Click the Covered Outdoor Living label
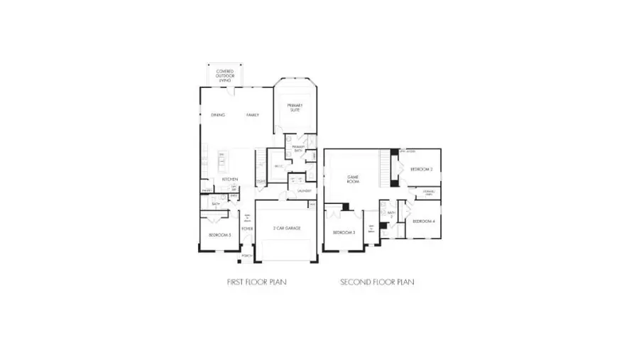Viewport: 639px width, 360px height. pyautogui.click(x=225, y=76)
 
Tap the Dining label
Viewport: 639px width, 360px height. pyautogui.click(x=218, y=115)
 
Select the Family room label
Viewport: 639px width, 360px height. pyautogui.click(x=253, y=115)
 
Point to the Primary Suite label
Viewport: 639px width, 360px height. pyautogui.click(x=295, y=108)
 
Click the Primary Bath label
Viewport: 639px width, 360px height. pyautogui.click(x=298, y=148)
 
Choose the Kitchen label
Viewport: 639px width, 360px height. pyautogui.click(x=229, y=179)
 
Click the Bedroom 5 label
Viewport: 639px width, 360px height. pyautogui.click(x=219, y=234)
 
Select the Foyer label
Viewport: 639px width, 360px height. pyautogui.click(x=247, y=229)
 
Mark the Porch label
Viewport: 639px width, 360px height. pyautogui.click(x=247, y=256)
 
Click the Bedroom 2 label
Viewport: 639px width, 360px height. pyautogui.click(x=422, y=169)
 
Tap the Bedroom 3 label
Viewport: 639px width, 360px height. pyautogui.click(x=344, y=232)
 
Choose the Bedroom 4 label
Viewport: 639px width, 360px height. pyautogui.click(x=423, y=222)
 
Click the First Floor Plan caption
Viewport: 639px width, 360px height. pyautogui.click(x=256, y=282)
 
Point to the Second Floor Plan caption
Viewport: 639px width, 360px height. pyautogui.click(x=377, y=282)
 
